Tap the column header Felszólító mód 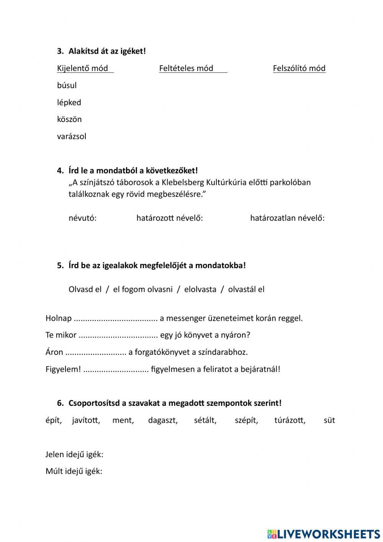pyautogui.click(x=299, y=68)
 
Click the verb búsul pyautogui.click(x=67, y=85)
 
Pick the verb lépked pyautogui.click(x=69, y=102)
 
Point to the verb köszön pyautogui.click(x=69, y=119)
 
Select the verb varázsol pyautogui.click(x=72, y=136)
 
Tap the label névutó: pyautogui.click(x=82, y=218)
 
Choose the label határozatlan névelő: pyautogui.click(x=287, y=218)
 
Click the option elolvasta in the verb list pyautogui.click(x=200, y=289)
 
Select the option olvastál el pyautogui.click(x=246, y=289)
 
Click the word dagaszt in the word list pyautogui.click(x=163, y=420)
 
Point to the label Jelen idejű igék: pyautogui.click(x=74, y=455)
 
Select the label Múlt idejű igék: pyautogui.click(x=74, y=471)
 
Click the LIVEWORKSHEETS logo pyautogui.click(x=324, y=534)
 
